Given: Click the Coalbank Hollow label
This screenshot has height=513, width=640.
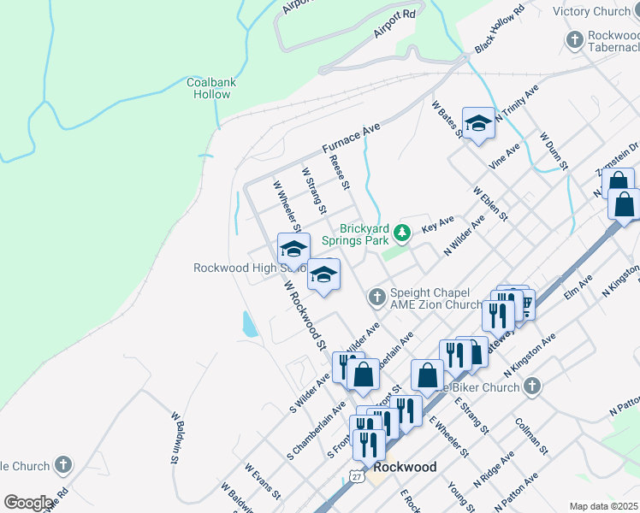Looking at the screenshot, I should point(210,88).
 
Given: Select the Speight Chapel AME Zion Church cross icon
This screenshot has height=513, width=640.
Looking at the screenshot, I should point(376,297).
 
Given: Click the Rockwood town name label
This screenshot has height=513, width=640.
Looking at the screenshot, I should point(405,468).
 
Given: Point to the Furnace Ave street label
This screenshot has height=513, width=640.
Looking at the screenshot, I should point(351,138).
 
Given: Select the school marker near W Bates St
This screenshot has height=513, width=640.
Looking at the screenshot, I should point(478,125).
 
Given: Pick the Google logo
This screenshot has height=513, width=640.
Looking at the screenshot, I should point(28,503).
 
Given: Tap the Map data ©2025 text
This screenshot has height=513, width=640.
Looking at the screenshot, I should point(604,506).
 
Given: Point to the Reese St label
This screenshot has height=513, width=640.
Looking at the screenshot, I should point(341,173).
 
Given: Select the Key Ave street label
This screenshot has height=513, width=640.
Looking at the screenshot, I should point(437,224).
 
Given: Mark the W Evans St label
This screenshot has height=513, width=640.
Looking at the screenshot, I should point(262,481).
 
